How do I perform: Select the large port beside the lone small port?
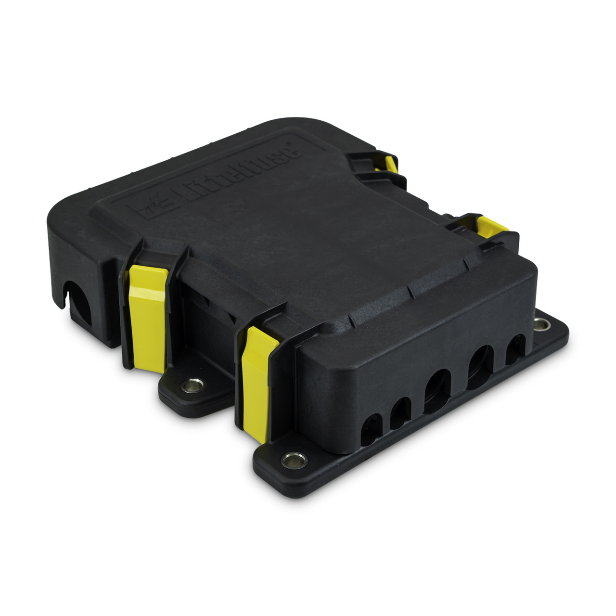[x=479, y=366]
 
